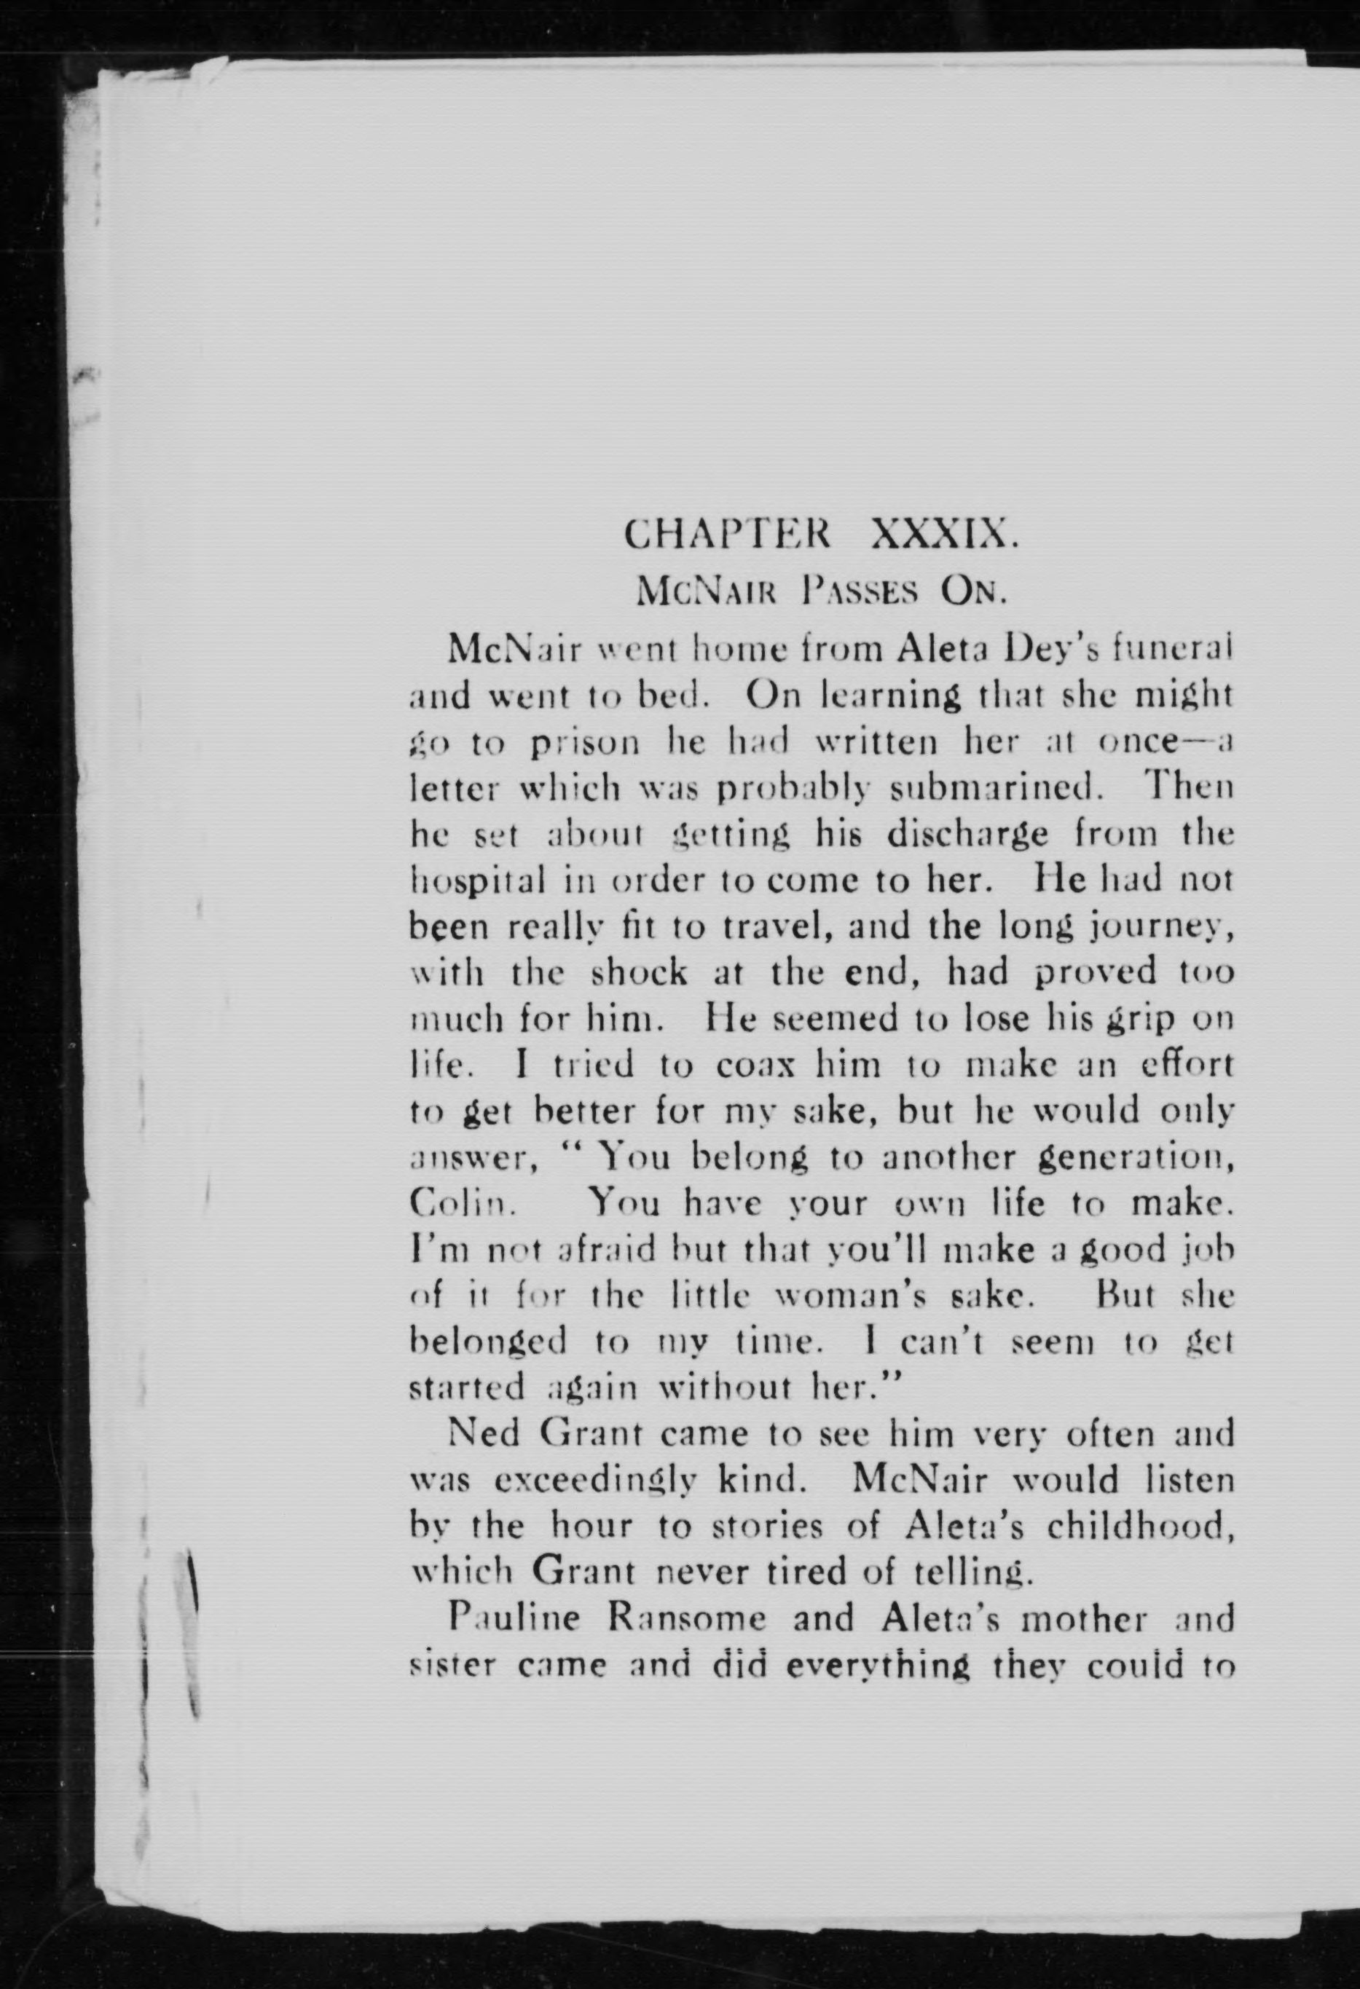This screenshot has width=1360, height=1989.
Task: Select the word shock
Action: pos(640,973)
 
